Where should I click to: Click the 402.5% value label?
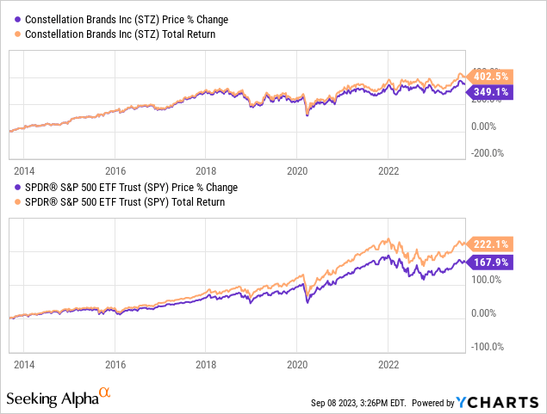(x=490, y=74)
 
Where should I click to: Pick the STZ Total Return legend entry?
(x=115, y=34)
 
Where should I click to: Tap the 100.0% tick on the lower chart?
(x=486, y=280)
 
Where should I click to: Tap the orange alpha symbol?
(x=105, y=393)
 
